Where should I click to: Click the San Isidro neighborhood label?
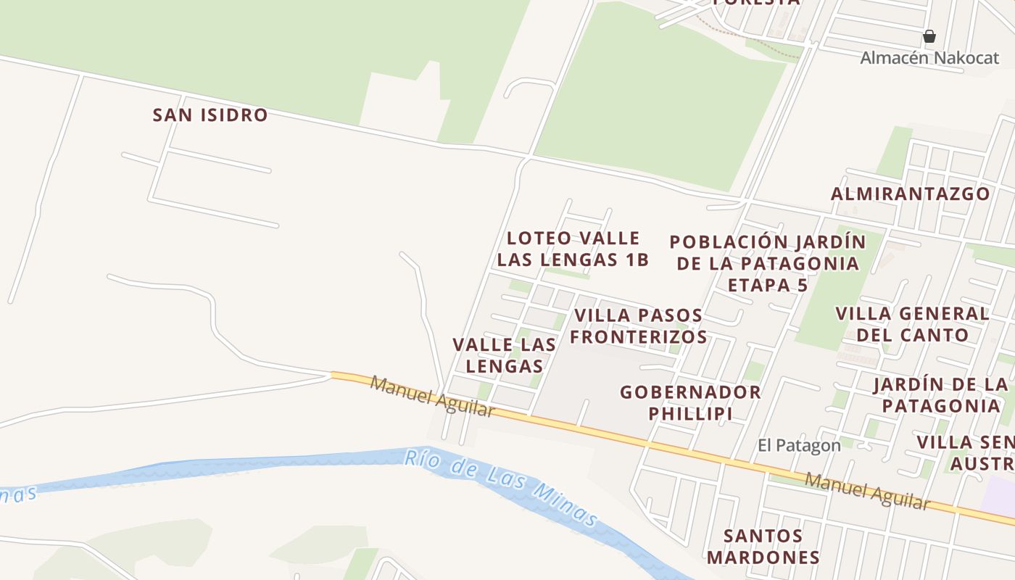pyautogui.click(x=210, y=115)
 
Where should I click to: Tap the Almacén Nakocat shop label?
pyautogui.click(x=929, y=58)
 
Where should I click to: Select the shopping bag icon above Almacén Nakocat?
pyautogui.click(x=929, y=36)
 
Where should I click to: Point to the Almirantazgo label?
pyautogui.click(x=910, y=194)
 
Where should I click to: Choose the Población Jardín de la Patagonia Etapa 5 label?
pyautogui.click(x=767, y=262)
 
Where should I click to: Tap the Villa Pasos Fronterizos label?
pyautogui.click(x=638, y=326)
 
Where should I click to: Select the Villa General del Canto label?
pyautogui.click(x=912, y=324)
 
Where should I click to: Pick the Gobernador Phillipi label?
pyautogui.click(x=690, y=402)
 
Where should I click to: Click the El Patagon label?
pyautogui.click(x=799, y=445)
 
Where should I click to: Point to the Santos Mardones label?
pyautogui.click(x=763, y=546)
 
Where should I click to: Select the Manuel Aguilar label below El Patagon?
pyautogui.click(x=867, y=491)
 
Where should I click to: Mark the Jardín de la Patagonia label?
pyautogui.click(x=940, y=394)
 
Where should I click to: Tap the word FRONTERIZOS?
pyautogui.click(x=638, y=336)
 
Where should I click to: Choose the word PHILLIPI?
pyautogui.click(x=690, y=413)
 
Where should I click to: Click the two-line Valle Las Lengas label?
pyautogui.click(x=505, y=355)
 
